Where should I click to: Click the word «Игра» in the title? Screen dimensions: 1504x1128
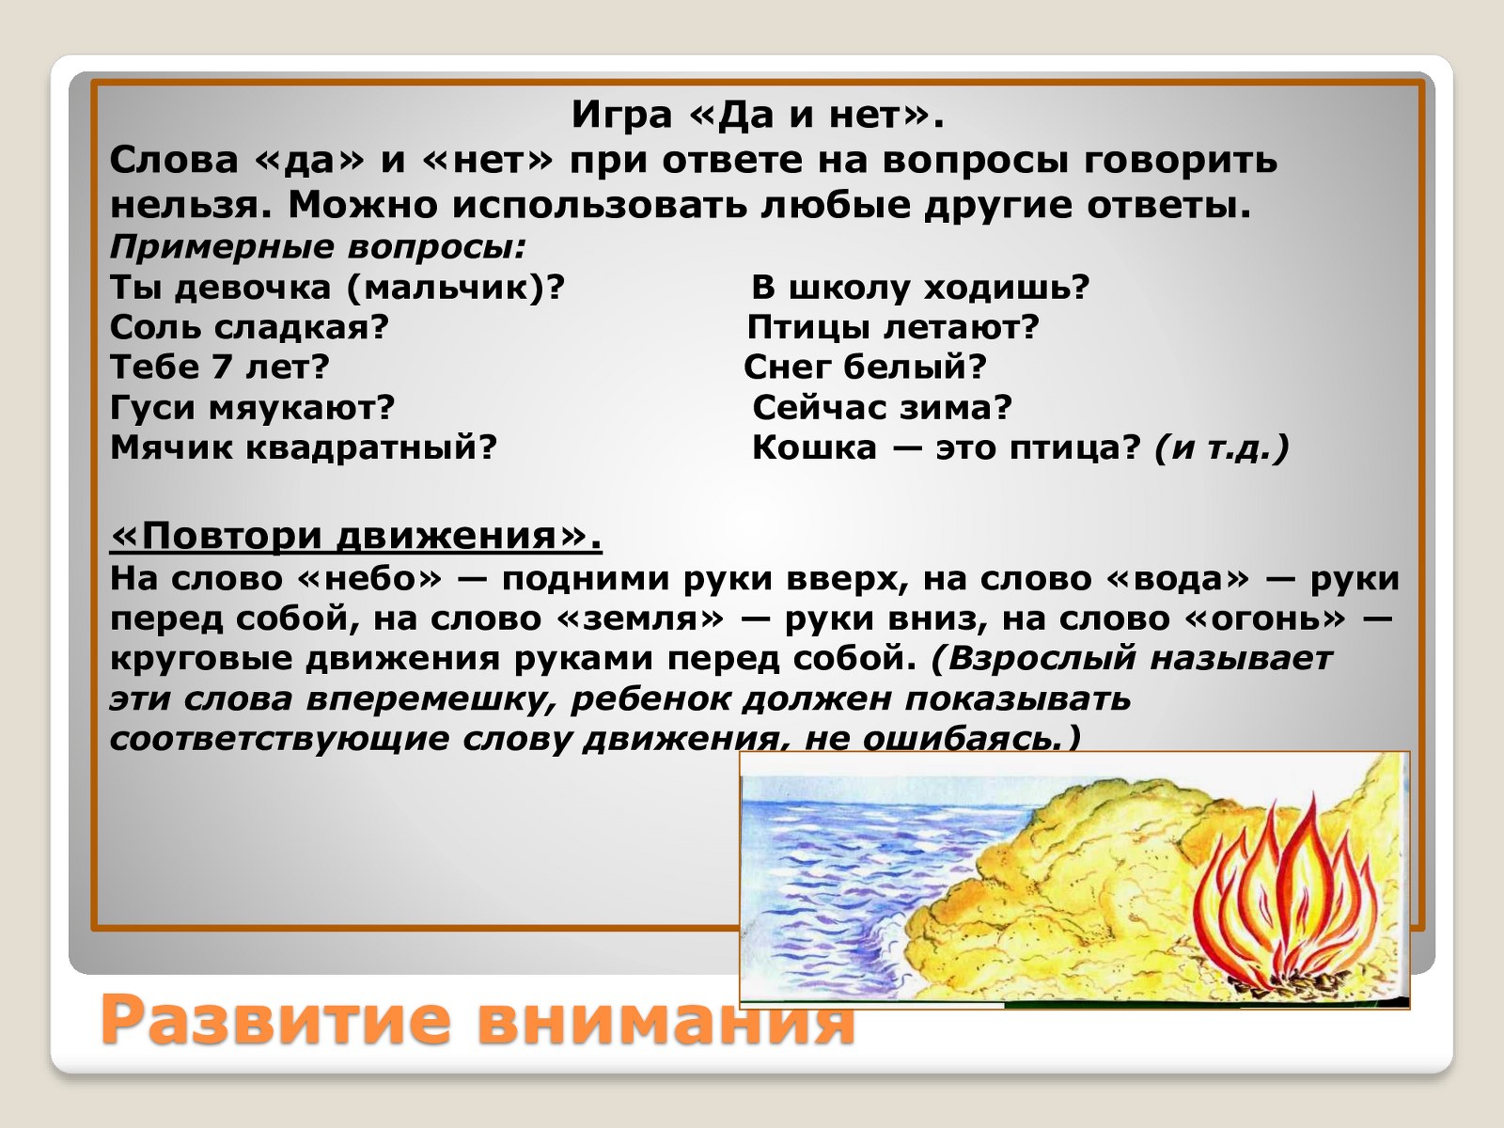tap(621, 116)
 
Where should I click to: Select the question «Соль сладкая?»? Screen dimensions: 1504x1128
tap(249, 327)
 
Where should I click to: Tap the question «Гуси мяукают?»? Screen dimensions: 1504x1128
tap(252, 408)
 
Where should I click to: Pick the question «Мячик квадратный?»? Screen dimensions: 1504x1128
tap(303, 447)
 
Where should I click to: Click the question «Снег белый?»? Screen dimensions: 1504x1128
tap(865, 368)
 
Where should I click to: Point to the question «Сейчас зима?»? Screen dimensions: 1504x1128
tap(882, 407)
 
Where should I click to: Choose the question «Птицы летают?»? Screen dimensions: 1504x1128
tap(893, 327)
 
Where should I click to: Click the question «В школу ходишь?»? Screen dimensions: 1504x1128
tap(920, 287)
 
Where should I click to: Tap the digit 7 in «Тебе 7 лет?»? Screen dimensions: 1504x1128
tap(221, 368)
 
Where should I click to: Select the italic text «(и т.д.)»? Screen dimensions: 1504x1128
tap(1222, 448)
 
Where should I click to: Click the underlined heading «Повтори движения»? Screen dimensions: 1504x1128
tap(355, 536)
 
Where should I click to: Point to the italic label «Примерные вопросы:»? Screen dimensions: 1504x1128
tap(317, 247)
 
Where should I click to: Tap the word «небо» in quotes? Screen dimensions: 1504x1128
tap(370, 579)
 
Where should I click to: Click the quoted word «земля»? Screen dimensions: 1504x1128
tap(641, 619)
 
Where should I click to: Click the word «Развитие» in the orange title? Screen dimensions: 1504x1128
tap(275, 1021)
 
